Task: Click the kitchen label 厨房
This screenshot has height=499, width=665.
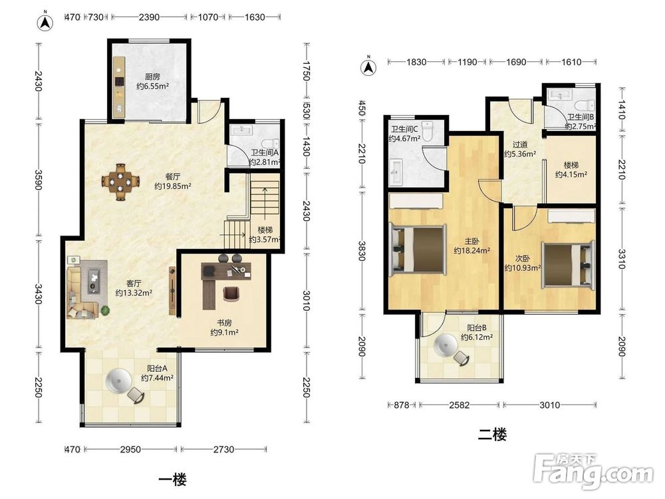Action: click(x=153, y=77)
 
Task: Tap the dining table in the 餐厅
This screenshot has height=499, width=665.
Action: click(x=121, y=182)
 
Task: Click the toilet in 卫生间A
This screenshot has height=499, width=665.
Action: click(x=270, y=144)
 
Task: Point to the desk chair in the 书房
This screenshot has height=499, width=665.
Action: click(x=231, y=293)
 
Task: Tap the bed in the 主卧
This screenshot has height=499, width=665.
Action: click(x=418, y=250)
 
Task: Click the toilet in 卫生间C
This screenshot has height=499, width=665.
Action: click(x=428, y=130)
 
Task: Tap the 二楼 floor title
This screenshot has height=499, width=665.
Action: click(x=492, y=434)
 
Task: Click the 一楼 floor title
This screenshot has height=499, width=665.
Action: click(x=173, y=480)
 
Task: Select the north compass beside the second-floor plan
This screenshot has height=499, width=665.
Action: click(x=368, y=67)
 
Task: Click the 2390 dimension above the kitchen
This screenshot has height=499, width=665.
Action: click(x=149, y=17)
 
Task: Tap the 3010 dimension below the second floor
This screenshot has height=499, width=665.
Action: click(x=550, y=405)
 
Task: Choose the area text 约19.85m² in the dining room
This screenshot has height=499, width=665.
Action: click(x=173, y=186)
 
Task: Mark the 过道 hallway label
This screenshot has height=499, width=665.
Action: click(x=520, y=144)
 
